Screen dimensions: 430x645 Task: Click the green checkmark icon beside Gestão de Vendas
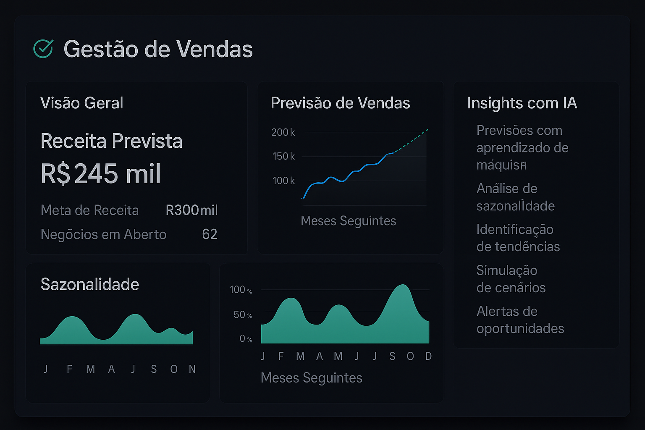click(x=43, y=49)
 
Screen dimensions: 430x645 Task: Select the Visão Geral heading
click(x=81, y=103)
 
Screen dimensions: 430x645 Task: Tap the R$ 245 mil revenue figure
click(x=101, y=174)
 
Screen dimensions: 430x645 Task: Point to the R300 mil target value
click(x=191, y=210)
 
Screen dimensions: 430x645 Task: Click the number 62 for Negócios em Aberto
click(x=210, y=234)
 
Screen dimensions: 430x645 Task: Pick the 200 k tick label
click(x=283, y=132)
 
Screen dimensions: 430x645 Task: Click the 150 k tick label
click(x=283, y=156)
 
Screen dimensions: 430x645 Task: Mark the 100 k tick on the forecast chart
click(x=283, y=181)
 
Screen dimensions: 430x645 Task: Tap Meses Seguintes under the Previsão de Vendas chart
click(x=348, y=221)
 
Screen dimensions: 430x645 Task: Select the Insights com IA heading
click(x=522, y=103)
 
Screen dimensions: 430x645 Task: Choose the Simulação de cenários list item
click(x=511, y=279)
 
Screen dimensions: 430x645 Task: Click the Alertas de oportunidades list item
click(x=520, y=320)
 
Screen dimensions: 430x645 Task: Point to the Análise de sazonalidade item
click(x=515, y=197)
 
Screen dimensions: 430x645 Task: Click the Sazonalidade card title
click(x=89, y=284)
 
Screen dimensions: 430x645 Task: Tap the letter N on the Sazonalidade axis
click(x=192, y=369)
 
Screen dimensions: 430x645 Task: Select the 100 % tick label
click(x=241, y=290)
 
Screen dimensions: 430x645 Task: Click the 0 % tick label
click(x=246, y=338)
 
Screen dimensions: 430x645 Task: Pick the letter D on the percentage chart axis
click(x=428, y=357)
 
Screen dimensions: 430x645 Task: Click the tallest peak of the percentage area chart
click(x=403, y=286)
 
